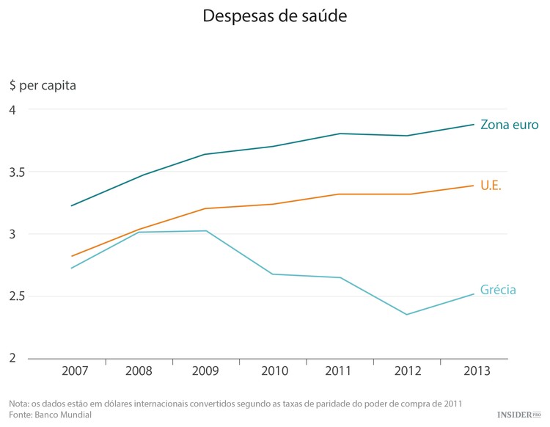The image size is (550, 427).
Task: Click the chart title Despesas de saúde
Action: coord(275,15)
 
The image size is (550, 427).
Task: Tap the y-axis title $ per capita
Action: coord(43,84)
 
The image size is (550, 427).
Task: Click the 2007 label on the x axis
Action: coord(72,371)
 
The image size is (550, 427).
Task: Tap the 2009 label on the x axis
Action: coord(206,371)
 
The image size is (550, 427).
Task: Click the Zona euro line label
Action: coord(509,125)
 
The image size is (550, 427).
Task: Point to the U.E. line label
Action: coord(491,186)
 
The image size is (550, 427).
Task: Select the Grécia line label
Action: coord(498,290)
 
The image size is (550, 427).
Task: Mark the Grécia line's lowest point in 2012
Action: coord(406,315)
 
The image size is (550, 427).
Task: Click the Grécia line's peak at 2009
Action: coord(206,231)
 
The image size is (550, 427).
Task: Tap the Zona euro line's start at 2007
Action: coord(71,205)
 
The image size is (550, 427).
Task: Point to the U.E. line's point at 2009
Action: coord(205,208)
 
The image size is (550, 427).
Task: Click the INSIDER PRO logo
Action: coord(518,415)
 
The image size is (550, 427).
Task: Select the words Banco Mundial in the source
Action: coord(65,415)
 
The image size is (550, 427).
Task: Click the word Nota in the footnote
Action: coord(19,404)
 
